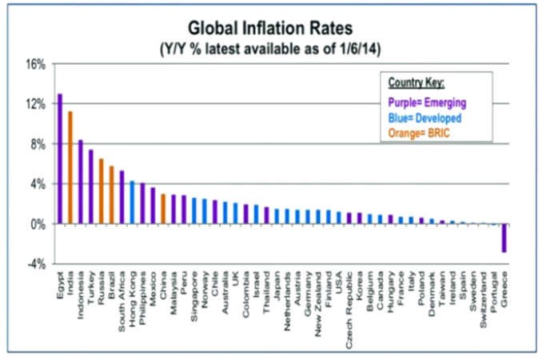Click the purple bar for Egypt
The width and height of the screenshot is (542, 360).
pyautogui.click(x=60, y=158)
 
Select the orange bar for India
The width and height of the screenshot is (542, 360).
pyautogui.click(x=70, y=168)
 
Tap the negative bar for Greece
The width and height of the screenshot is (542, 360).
pyautogui.click(x=504, y=238)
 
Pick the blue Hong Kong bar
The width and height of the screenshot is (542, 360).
pyautogui.click(x=132, y=202)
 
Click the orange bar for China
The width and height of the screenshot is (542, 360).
pyautogui.click(x=163, y=209)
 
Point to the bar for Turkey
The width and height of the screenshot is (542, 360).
pyautogui.click(x=91, y=186)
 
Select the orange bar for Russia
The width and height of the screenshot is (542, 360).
pyautogui.click(x=102, y=191)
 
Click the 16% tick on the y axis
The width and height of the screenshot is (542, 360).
pyautogui.click(x=36, y=64)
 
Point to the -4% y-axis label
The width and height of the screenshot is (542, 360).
pyautogui.click(x=36, y=265)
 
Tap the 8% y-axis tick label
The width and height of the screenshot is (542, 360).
pyautogui.click(x=38, y=144)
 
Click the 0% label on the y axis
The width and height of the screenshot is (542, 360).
pyautogui.click(x=38, y=225)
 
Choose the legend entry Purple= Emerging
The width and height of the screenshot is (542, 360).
pyautogui.click(x=427, y=102)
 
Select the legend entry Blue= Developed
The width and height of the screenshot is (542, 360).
pyautogui.click(x=424, y=118)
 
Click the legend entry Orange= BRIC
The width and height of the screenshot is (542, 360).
pyautogui.click(x=419, y=133)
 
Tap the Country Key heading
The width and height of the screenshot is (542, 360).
pyautogui.click(x=416, y=82)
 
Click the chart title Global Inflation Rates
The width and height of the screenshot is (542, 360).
pyautogui.click(x=270, y=28)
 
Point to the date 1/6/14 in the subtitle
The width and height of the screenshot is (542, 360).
pyautogui.click(x=357, y=49)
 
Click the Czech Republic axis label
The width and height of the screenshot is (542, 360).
pyautogui.click(x=349, y=310)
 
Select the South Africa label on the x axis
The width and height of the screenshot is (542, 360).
pyautogui.click(x=122, y=302)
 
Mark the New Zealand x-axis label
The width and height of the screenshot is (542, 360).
pyautogui.click(x=318, y=304)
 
